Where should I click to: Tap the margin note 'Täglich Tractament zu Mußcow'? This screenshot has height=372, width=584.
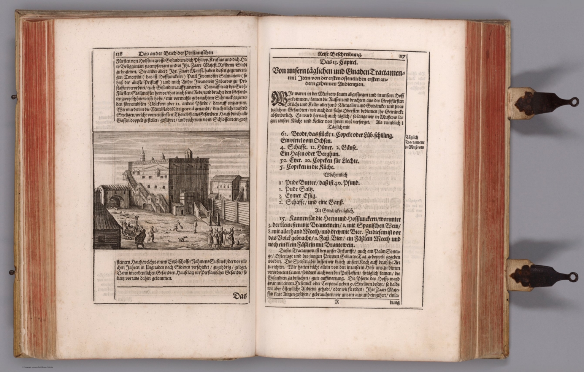click(x=416, y=142)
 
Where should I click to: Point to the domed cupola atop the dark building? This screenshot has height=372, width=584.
click(x=187, y=153)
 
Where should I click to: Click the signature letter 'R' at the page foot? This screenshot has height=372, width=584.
click(x=336, y=303)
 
